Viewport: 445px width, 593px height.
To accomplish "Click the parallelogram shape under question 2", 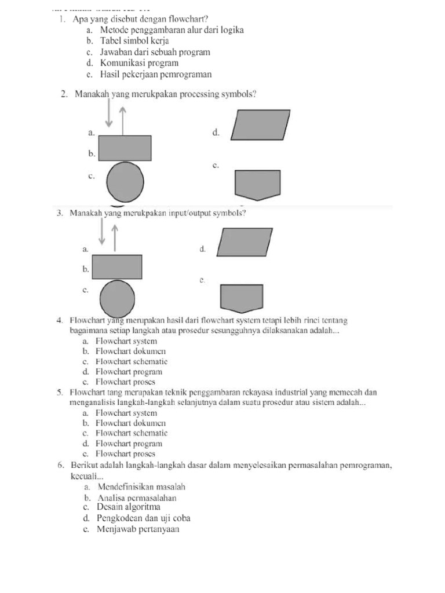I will [x=261, y=125].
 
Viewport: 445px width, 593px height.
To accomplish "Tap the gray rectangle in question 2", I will [x=125, y=148].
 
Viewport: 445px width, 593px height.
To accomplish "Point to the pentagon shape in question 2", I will [x=257, y=185].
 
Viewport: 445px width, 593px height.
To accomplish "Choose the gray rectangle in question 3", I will [x=118, y=266].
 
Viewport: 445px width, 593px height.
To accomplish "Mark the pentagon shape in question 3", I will [x=242, y=298].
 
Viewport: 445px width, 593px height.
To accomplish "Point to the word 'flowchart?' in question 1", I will [x=178, y=19].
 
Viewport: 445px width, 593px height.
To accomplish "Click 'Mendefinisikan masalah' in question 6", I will [x=142, y=487].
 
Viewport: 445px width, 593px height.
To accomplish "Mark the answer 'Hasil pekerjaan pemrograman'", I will [x=156, y=74].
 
